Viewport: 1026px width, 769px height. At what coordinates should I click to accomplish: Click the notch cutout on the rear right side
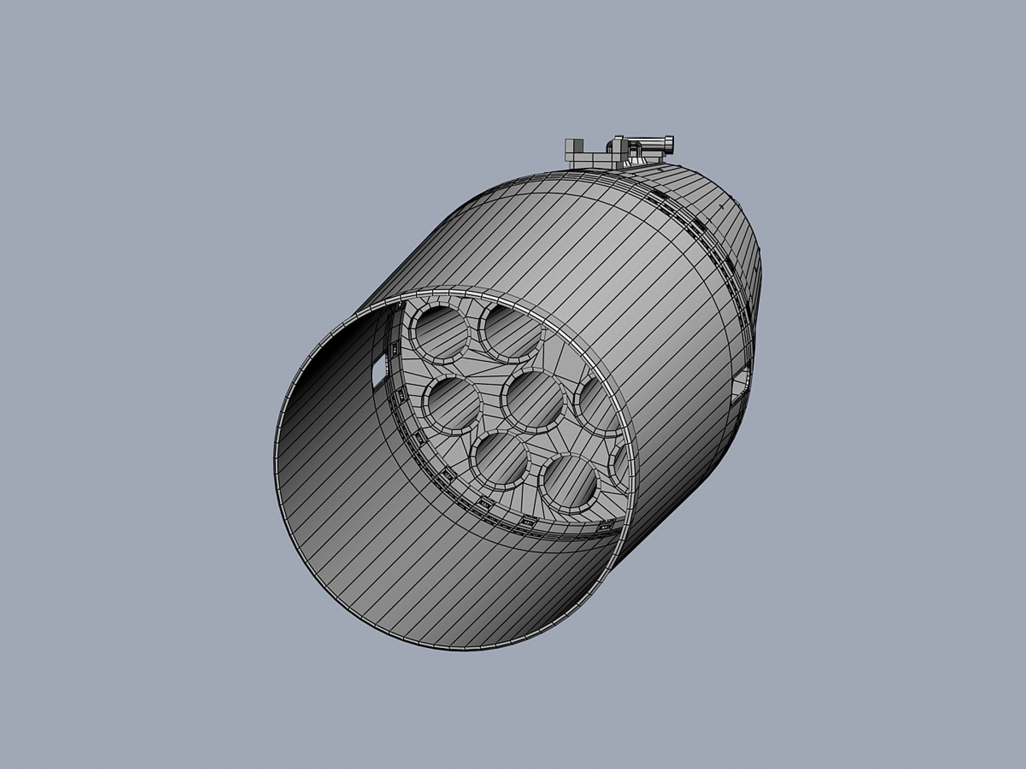coord(741,382)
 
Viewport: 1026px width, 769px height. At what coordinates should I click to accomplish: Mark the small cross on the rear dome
coord(722,205)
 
